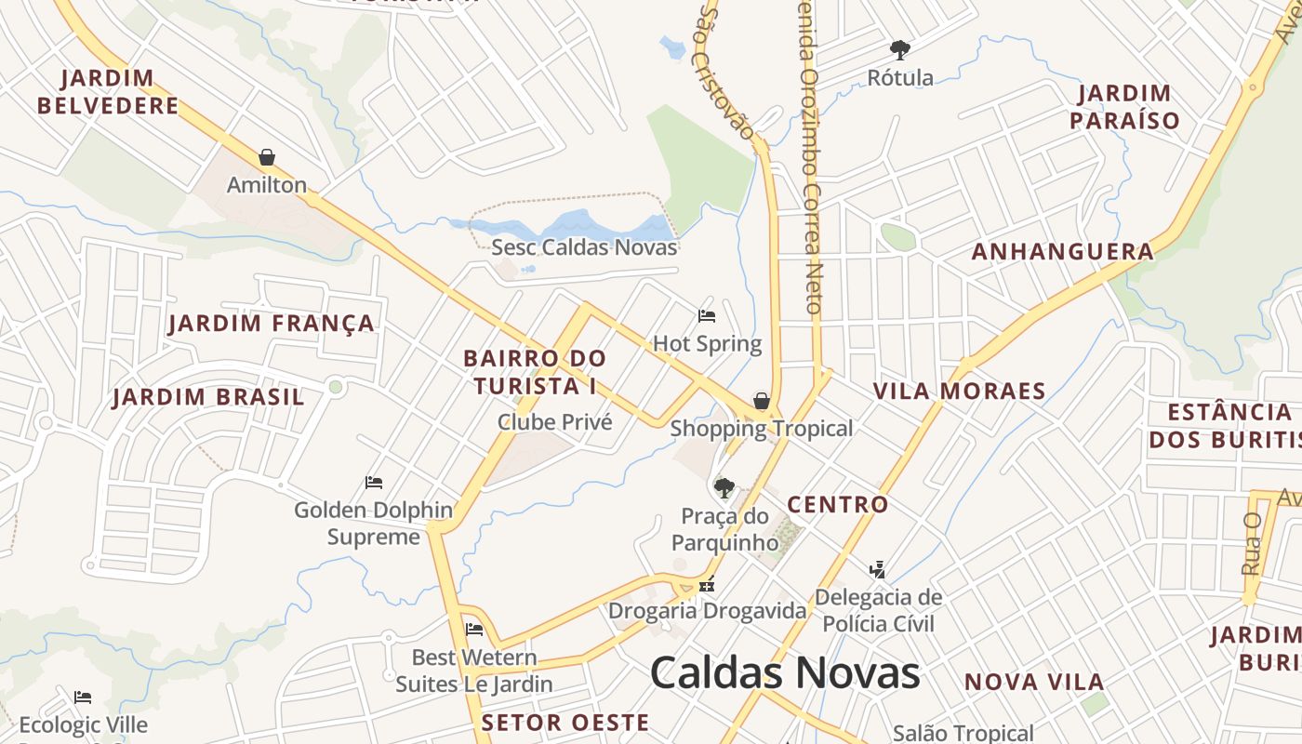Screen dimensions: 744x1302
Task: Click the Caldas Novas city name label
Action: (785, 672)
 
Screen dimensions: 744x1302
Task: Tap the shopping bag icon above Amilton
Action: (267, 157)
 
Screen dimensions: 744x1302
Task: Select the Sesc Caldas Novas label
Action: (584, 247)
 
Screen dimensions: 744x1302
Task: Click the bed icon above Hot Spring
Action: (707, 316)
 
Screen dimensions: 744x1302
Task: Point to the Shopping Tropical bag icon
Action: (762, 401)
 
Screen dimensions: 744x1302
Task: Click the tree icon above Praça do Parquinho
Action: (724, 487)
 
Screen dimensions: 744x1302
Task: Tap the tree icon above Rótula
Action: (899, 50)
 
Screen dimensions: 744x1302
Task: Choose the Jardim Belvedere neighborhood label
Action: (108, 91)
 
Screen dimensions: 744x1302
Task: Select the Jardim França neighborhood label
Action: (272, 324)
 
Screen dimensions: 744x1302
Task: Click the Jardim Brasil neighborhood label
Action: (208, 397)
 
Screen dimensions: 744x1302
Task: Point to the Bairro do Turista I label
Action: (535, 372)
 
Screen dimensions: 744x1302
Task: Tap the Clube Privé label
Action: (555, 422)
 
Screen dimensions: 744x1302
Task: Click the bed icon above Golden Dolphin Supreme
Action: (374, 483)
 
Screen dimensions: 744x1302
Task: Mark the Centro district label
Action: (838, 505)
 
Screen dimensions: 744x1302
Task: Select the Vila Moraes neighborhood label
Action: (960, 392)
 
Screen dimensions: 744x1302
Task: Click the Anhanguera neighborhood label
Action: (1063, 252)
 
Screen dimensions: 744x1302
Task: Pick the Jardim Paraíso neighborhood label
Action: (1124, 107)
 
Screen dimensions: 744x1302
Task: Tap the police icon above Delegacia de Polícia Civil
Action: (877, 568)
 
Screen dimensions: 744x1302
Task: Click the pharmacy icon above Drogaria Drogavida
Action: (707, 585)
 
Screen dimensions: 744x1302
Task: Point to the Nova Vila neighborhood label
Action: (1034, 683)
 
